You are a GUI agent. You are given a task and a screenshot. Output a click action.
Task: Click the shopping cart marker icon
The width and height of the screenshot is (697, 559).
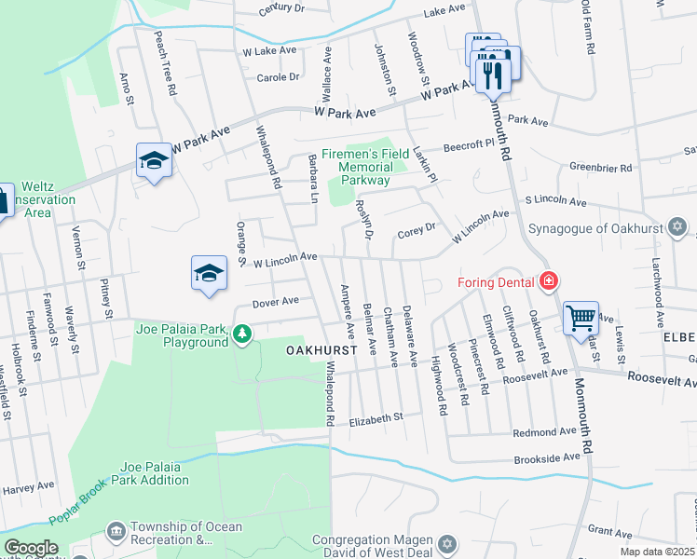pyautogui.click(x=581, y=318)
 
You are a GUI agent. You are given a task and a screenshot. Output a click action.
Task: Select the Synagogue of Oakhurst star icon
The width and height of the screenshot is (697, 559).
pyautogui.click(x=677, y=226)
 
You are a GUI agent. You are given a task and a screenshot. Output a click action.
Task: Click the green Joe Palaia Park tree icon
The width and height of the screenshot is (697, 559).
pyautogui.click(x=242, y=333)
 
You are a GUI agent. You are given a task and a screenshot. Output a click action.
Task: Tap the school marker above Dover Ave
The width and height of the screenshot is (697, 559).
pyautogui.click(x=210, y=273)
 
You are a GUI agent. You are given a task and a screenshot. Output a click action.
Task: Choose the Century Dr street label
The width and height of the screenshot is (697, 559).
pyautogui.click(x=282, y=8)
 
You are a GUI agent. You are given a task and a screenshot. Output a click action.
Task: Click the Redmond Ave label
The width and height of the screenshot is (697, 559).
pyautogui.click(x=546, y=433)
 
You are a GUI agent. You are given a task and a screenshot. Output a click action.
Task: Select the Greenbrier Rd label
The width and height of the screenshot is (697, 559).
pyautogui.click(x=601, y=168)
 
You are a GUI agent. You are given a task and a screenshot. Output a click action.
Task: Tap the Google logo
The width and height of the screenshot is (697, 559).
pyautogui.click(x=31, y=548)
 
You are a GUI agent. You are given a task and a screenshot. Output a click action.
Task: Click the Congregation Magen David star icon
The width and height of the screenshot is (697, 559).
pyautogui.click(x=446, y=542)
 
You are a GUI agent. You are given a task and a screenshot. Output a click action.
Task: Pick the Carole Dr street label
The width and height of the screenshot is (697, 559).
pyautogui.click(x=278, y=77)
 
